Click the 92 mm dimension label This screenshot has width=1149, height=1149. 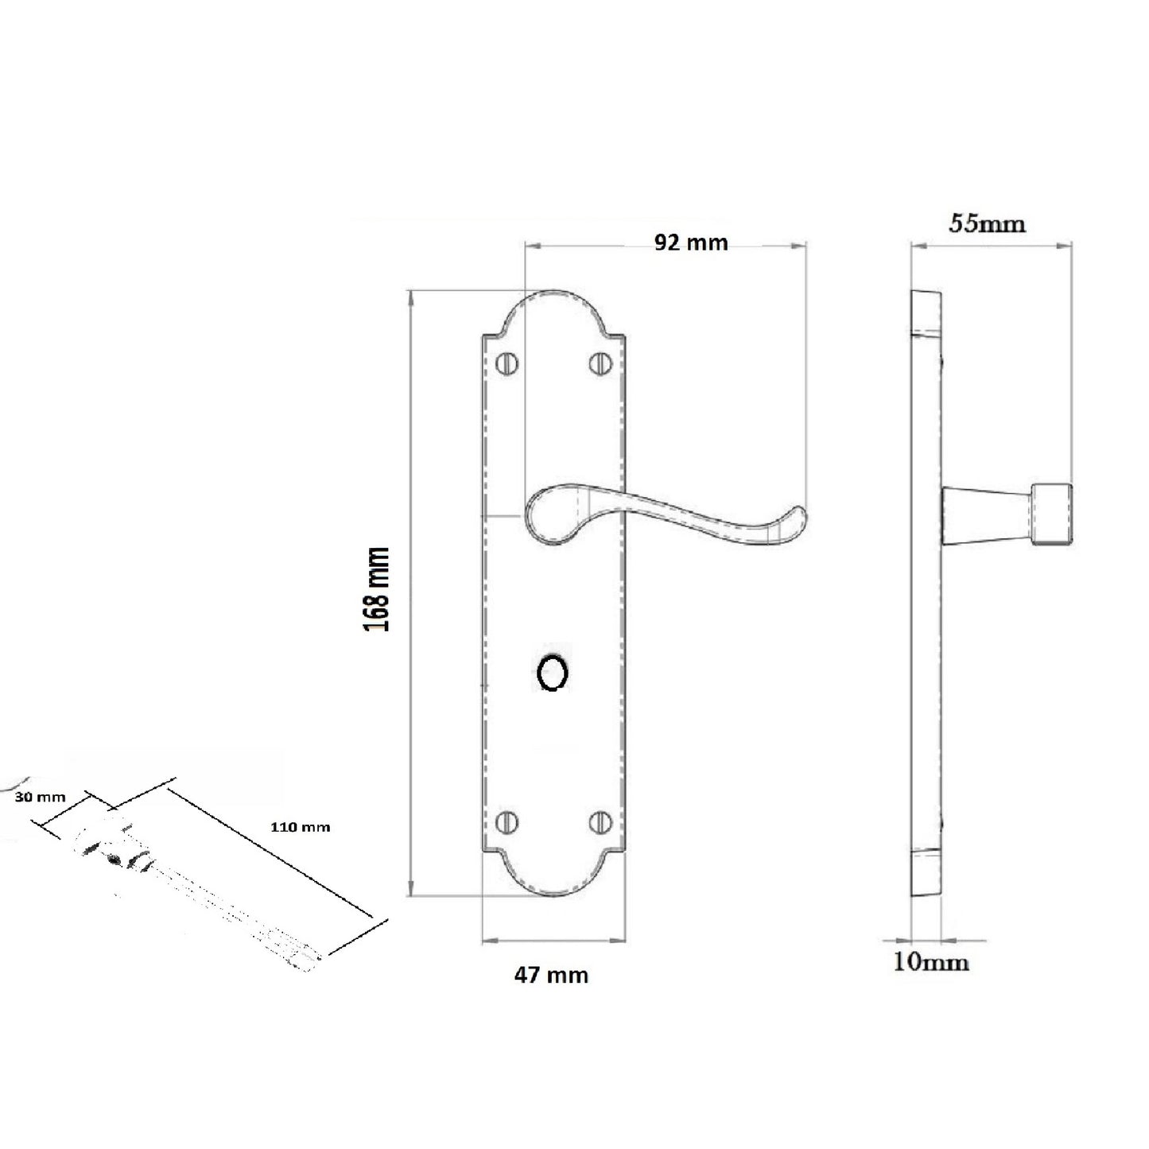pos(690,243)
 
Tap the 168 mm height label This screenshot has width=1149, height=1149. pos(377,588)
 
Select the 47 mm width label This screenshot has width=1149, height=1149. pos(551,974)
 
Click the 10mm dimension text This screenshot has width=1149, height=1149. pos(931,962)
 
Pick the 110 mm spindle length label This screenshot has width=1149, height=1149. pos(300,827)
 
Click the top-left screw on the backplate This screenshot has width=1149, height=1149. pos(507,363)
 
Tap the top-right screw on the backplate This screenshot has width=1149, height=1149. pos(599,363)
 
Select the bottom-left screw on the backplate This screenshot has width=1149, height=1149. pos(507,822)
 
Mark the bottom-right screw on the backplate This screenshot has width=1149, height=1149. pos(599,822)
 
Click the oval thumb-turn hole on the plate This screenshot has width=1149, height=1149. pos(552,673)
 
